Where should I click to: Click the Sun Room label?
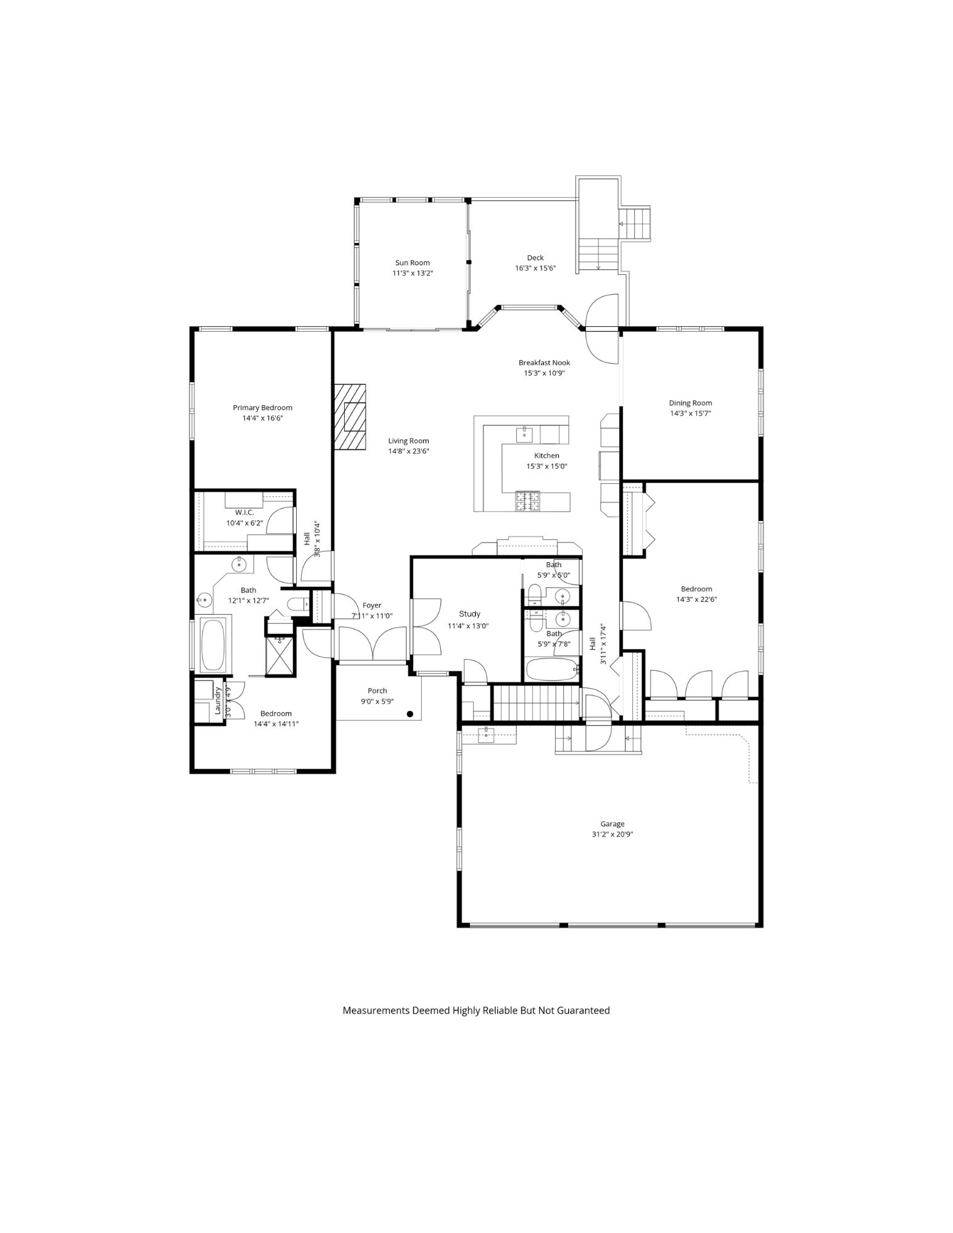click(412, 263)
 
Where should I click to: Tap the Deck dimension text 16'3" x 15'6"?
click(535, 268)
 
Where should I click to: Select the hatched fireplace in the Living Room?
click(350, 417)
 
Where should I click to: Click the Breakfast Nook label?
click(544, 363)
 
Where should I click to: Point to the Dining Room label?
click(690, 403)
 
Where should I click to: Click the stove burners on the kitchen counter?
click(527, 501)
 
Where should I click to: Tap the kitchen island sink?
click(524, 434)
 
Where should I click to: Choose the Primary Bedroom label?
click(262, 408)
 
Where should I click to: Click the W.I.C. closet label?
click(244, 512)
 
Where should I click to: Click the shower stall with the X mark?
click(281, 655)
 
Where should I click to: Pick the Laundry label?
click(218, 700)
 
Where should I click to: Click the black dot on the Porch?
click(410, 714)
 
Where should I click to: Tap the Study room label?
click(469, 613)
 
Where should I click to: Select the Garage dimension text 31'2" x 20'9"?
click(612, 834)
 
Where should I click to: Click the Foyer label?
click(372, 605)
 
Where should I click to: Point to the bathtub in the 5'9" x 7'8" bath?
click(551, 669)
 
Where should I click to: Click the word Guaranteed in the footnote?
click(583, 1010)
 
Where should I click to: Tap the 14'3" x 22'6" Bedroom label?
click(696, 589)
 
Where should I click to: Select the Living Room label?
click(408, 441)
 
